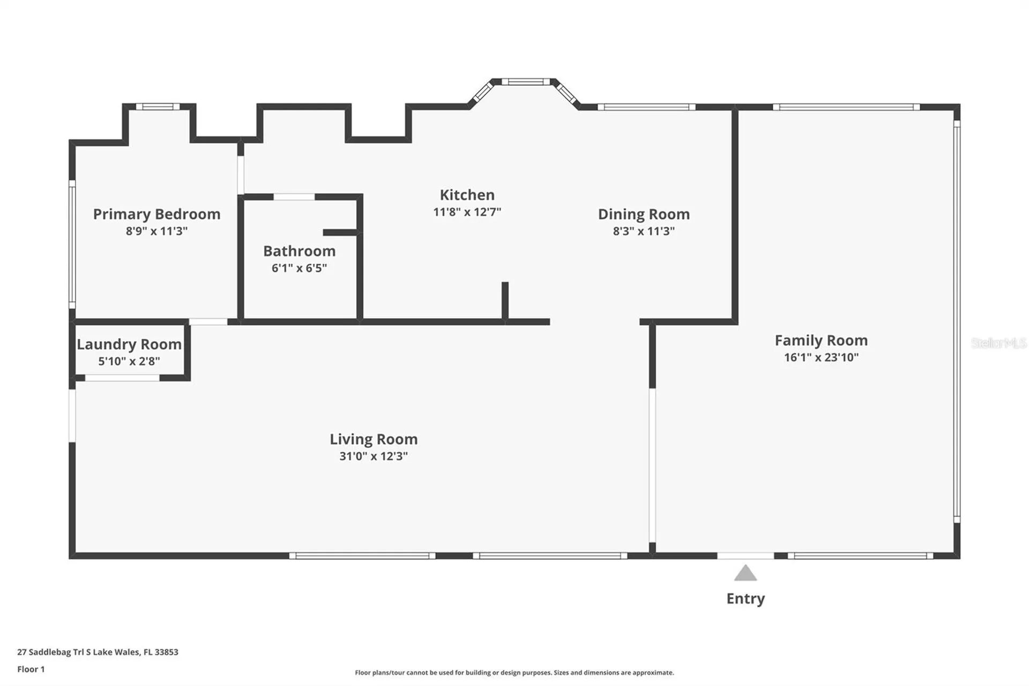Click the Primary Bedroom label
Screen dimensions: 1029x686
pyautogui.click(x=156, y=214)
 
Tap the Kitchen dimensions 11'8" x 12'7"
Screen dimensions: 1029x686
pyautogui.click(x=467, y=212)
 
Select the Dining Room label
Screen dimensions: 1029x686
pyautogui.click(x=644, y=214)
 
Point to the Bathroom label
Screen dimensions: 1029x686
pyautogui.click(x=299, y=251)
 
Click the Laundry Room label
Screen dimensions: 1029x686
pyautogui.click(x=129, y=344)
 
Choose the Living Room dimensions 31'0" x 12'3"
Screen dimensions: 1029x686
pyautogui.click(x=374, y=456)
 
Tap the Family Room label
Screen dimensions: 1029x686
pyautogui.click(x=821, y=340)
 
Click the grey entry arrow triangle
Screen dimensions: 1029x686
pyautogui.click(x=745, y=573)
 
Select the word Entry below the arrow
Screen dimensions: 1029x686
pyautogui.click(x=745, y=599)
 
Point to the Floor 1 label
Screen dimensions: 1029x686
pyautogui.click(x=31, y=669)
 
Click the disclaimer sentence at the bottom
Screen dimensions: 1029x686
pyautogui.click(x=514, y=673)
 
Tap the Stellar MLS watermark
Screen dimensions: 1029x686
pyautogui.click(x=999, y=343)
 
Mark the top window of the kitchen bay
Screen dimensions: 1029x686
pyautogui.click(x=526, y=82)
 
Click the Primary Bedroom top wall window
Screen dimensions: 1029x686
pyautogui.click(x=158, y=107)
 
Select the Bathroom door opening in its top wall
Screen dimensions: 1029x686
pyautogui.click(x=294, y=197)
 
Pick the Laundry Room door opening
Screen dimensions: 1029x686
pyautogui.click(x=122, y=378)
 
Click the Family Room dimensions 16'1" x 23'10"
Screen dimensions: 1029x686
pyautogui.click(x=821, y=357)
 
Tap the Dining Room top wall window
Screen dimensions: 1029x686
pyautogui.click(x=646, y=107)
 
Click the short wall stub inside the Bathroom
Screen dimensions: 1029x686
pyautogui.click(x=340, y=232)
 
